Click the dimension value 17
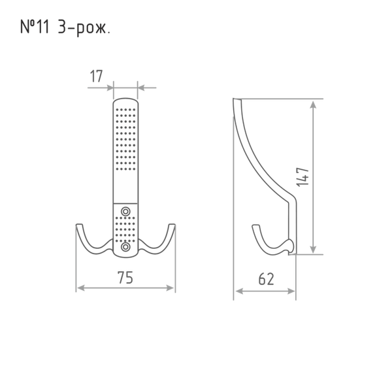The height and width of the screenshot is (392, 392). [x=96, y=76]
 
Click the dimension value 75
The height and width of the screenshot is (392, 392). [x=125, y=277]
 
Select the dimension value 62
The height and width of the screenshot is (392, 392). [x=267, y=279]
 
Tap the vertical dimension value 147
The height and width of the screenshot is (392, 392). [x=302, y=177]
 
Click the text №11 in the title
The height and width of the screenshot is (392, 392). [x=35, y=27]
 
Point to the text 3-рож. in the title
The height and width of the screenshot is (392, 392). [x=84, y=27]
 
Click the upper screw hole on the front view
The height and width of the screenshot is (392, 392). [x=125, y=212]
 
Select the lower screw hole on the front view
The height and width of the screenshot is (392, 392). [x=125, y=247]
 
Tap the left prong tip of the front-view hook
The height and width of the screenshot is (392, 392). [x=79, y=225]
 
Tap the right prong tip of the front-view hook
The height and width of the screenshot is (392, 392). [x=172, y=225]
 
